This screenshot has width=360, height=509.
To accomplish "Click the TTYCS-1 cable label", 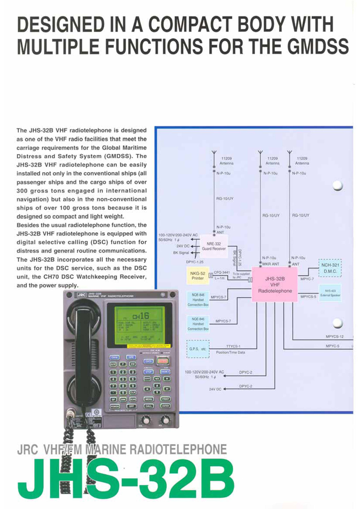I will click(x=233, y=346).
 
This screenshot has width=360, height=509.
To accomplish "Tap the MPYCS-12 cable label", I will click(x=335, y=337).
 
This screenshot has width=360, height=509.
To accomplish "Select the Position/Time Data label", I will click(x=230, y=353).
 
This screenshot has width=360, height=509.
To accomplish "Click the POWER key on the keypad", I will click(x=115, y=406).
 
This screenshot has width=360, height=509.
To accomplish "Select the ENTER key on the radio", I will click(x=165, y=406).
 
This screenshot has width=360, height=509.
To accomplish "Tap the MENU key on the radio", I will click(x=149, y=398).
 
